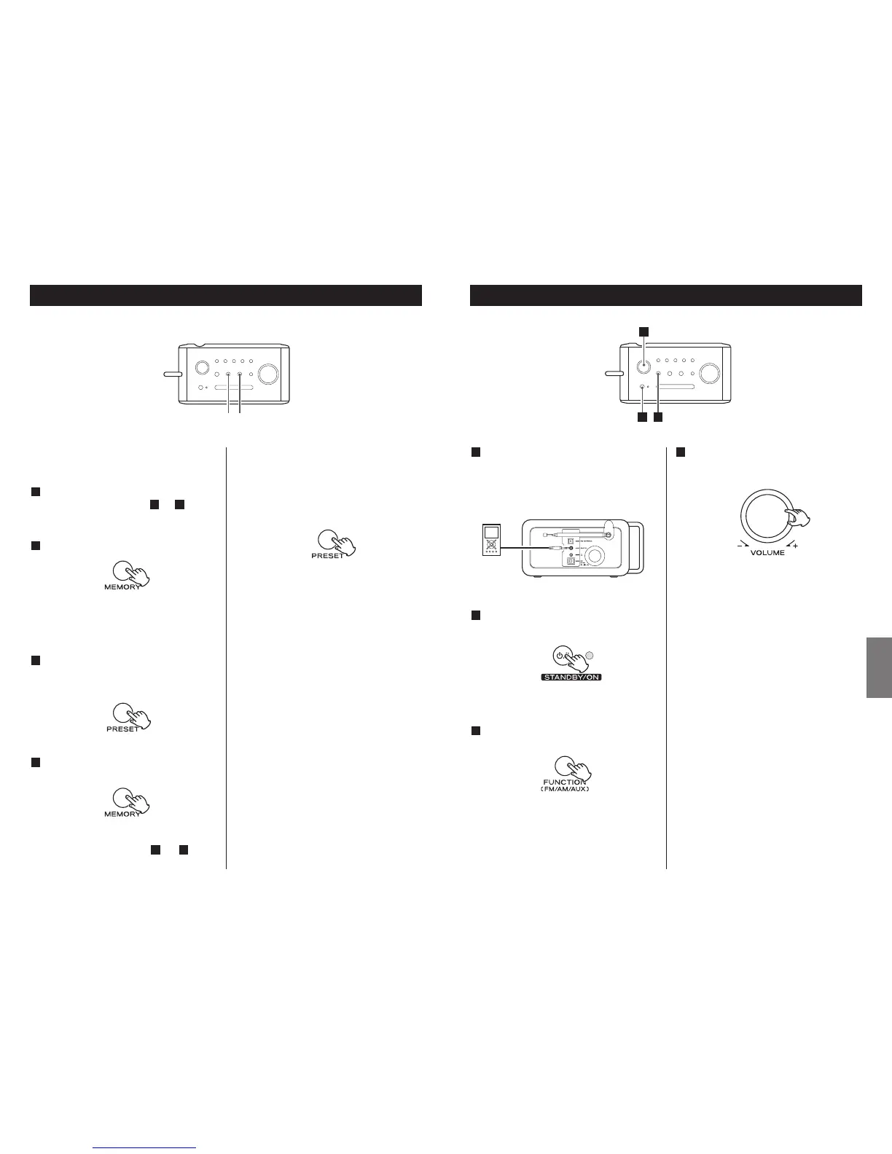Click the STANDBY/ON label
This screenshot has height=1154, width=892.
[571, 677]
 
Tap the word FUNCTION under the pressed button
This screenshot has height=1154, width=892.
[565, 782]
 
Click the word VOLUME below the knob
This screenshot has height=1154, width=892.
[767, 553]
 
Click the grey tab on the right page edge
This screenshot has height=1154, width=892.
[879, 667]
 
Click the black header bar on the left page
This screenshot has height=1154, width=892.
[226, 295]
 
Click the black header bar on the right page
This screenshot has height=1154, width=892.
[666, 295]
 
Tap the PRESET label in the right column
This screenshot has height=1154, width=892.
[327, 555]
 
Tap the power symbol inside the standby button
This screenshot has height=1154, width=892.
[560, 655]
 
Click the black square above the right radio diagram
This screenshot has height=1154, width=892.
[644, 331]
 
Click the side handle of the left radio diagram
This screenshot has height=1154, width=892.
[172, 374]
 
